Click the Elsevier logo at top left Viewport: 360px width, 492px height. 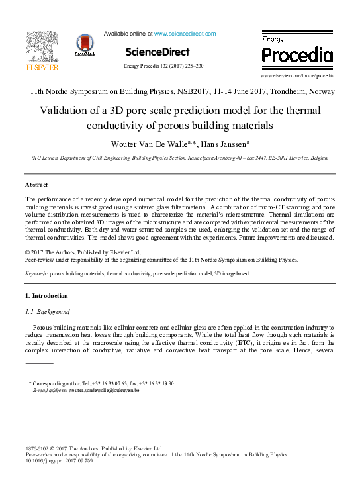click(x=42, y=52)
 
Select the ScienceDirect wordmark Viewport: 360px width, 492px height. click(x=157, y=52)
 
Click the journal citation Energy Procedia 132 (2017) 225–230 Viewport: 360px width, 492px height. click(x=163, y=66)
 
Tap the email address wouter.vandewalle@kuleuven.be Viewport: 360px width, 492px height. click(x=104, y=391)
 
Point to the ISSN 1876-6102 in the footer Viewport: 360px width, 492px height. click(x=38, y=448)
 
